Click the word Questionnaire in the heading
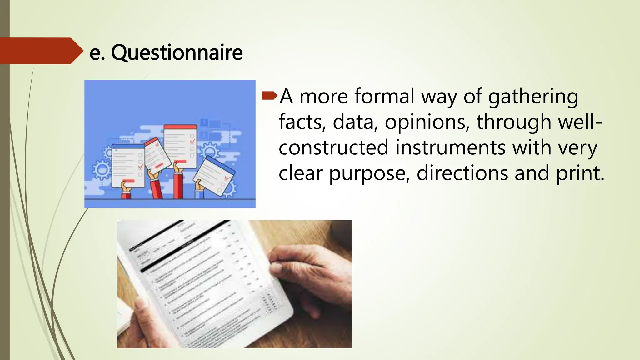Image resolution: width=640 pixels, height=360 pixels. point(177,52)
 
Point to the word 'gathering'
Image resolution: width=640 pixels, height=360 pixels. point(533,97)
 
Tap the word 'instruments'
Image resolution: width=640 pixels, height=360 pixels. point(450,147)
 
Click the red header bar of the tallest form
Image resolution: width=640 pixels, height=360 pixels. point(181,127)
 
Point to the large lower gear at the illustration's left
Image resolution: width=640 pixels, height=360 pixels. point(101,170)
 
